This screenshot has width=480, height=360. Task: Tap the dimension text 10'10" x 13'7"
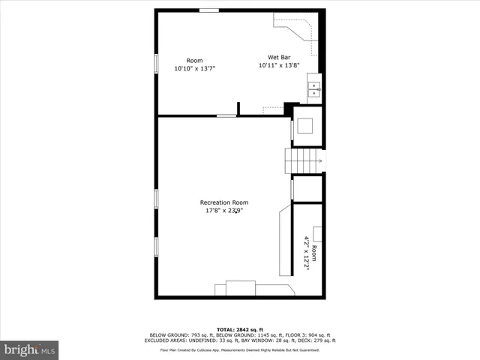(194, 68)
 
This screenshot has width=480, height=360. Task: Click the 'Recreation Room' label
(223, 202)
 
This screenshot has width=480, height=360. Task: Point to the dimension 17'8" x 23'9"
(223, 211)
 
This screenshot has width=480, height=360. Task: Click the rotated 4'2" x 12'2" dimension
(306, 253)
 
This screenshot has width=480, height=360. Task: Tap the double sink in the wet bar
(313, 90)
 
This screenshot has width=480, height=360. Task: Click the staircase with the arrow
(303, 160)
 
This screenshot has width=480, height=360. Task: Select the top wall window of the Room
(209, 10)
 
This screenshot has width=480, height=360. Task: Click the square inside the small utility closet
(307, 125)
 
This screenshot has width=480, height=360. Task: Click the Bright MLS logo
(30, 349)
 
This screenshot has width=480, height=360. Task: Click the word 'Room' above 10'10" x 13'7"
(194, 61)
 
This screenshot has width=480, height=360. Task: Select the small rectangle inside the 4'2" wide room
(318, 234)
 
